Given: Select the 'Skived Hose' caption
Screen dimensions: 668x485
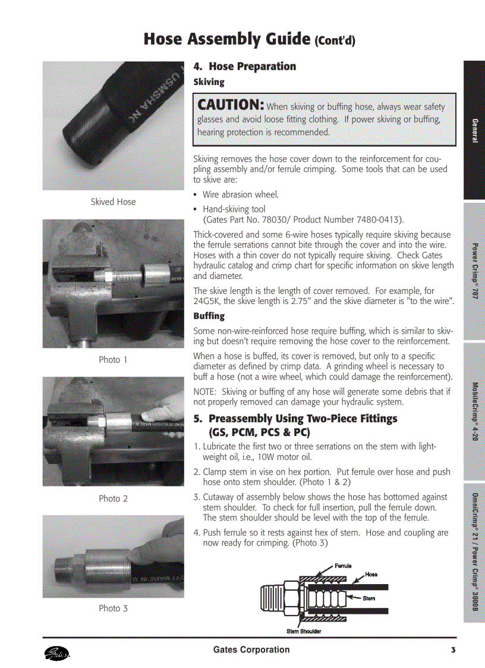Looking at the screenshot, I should (x=113, y=202).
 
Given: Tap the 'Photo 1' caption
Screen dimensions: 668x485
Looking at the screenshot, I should (x=113, y=359).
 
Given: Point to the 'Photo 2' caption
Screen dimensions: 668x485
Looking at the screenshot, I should (x=113, y=498).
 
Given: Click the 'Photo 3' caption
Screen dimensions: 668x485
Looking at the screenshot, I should (x=113, y=608).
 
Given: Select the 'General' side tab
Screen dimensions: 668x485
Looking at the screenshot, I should (x=475, y=130).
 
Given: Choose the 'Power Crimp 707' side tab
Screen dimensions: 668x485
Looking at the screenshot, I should (x=475, y=271).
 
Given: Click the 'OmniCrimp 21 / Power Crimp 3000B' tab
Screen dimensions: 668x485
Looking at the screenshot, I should (x=475, y=553).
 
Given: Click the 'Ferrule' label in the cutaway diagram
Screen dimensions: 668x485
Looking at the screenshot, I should (x=343, y=566).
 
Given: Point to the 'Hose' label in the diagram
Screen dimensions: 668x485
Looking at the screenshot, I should (x=371, y=575).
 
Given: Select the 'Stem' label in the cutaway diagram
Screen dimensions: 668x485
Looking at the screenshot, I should (x=369, y=598).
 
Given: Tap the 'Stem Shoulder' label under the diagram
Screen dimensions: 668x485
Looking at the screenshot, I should (x=304, y=631).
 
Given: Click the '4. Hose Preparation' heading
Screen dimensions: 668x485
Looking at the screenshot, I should (x=244, y=66).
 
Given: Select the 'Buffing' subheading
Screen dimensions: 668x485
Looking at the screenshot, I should (x=209, y=316).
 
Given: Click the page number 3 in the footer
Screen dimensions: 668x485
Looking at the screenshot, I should (x=453, y=650).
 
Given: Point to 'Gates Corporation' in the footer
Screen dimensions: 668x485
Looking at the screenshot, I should (x=251, y=650).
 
